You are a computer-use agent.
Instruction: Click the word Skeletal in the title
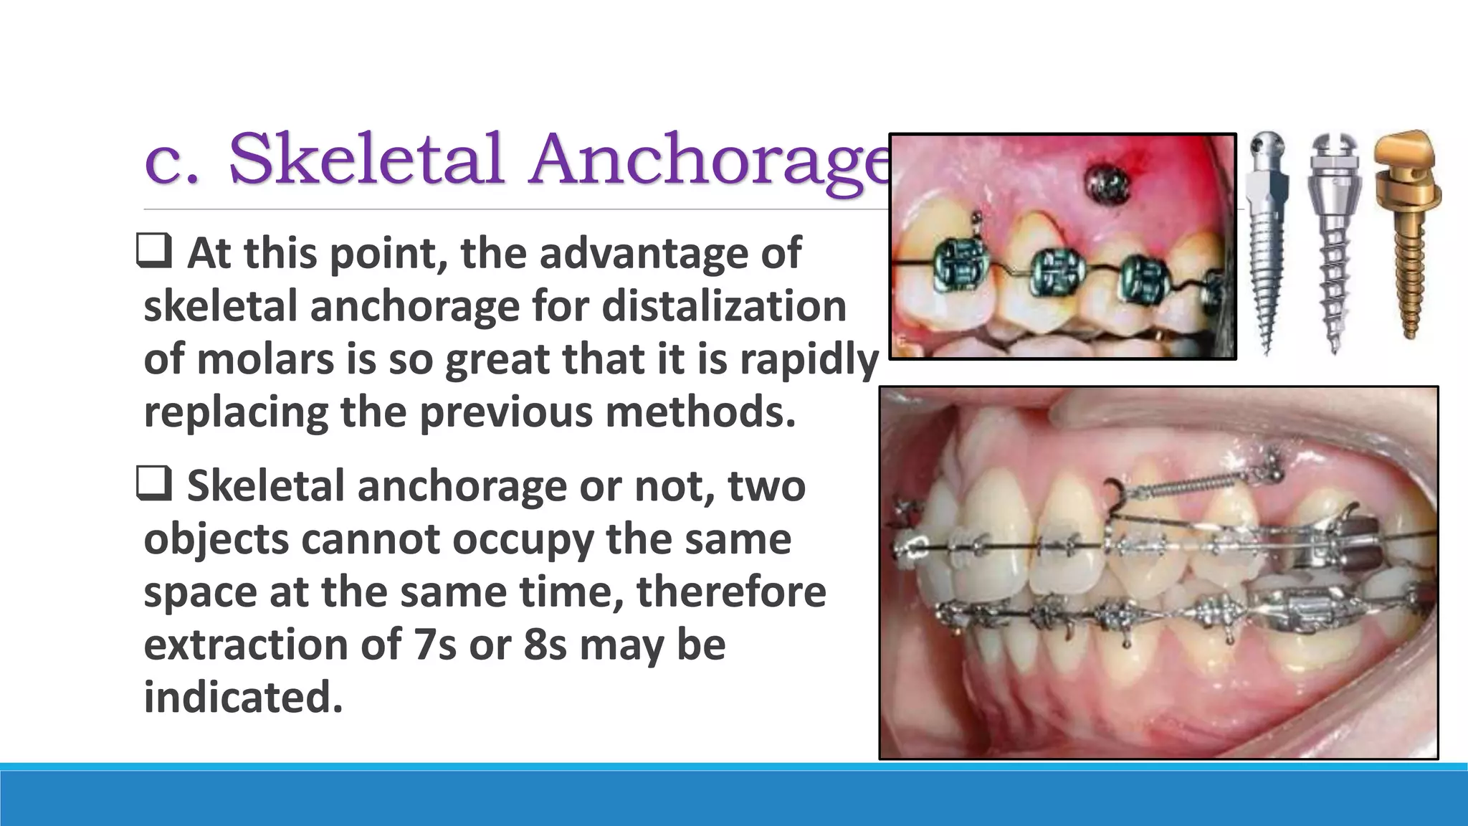click(x=366, y=159)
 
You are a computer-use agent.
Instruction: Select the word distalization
click(x=724, y=306)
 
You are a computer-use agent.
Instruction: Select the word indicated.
click(x=243, y=697)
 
